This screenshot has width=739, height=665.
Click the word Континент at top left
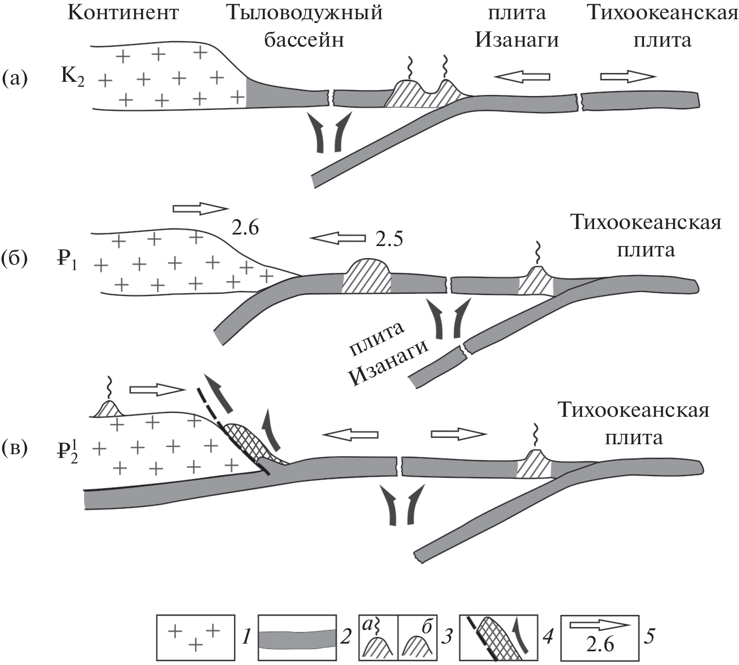pyautogui.click(x=123, y=13)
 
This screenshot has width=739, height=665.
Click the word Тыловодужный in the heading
pyautogui.click(x=305, y=13)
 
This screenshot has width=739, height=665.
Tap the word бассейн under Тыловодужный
pyautogui.click(x=304, y=40)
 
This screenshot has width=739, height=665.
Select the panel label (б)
pyautogui.click(x=15, y=258)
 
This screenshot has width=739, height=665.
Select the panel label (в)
pyautogui.click(x=15, y=448)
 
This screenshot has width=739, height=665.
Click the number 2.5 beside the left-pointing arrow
pyautogui.click(x=389, y=239)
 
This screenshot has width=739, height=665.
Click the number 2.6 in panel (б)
pyautogui.click(x=245, y=227)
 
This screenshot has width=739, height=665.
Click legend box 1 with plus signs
pyautogui.click(x=195, y=637)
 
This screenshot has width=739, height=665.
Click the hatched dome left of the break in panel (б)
pyautogui.click(x=367, y=277)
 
